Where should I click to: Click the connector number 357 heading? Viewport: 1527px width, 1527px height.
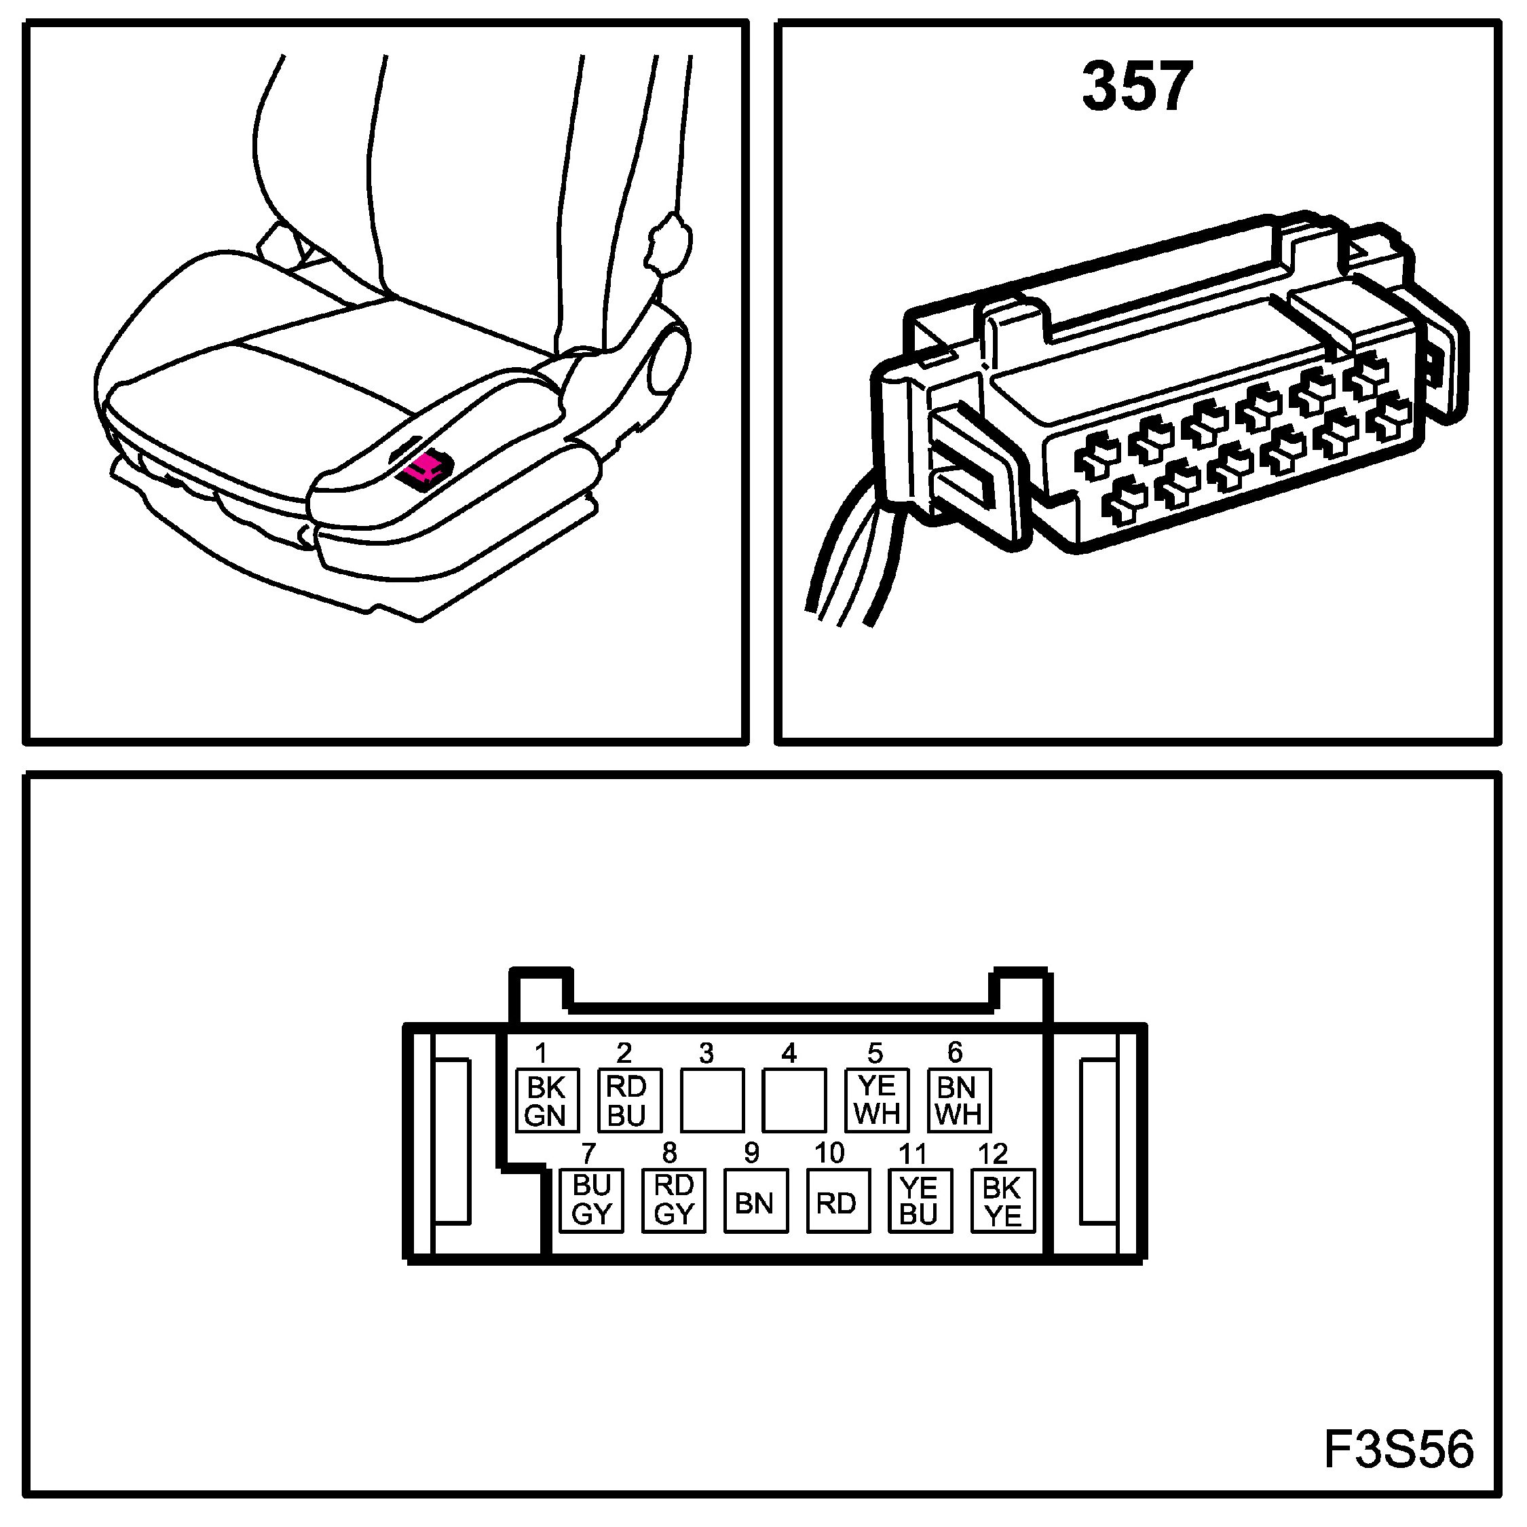(1136, 87)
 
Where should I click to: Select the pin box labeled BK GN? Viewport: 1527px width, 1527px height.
(546, 1101)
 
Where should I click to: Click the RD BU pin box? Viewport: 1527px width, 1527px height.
(629, 1100)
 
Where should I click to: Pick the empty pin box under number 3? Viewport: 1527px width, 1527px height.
(711, 1100)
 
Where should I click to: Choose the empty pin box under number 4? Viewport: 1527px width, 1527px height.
(793, 1100)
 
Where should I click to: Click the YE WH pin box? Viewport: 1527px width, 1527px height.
(877, 1100)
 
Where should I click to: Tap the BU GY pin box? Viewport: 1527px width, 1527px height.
(591, 1200)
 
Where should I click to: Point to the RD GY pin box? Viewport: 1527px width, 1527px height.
(673, 1200)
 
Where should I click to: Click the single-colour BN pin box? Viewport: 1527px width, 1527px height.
(755, 1201)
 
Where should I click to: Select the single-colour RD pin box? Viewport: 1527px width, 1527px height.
(837, 1201)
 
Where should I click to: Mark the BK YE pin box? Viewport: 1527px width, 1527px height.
(1002, 1201)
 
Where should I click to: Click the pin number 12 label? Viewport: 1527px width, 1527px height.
(993, 1154)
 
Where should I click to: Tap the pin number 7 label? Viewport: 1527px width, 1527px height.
(588, 1154)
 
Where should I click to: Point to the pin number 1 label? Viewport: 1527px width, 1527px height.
(541, 1053)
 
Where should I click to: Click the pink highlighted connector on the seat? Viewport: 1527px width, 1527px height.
(426, 468)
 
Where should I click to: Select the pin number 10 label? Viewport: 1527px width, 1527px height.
(829, 1153)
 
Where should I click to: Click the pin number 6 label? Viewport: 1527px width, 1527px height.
(955, 1053)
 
